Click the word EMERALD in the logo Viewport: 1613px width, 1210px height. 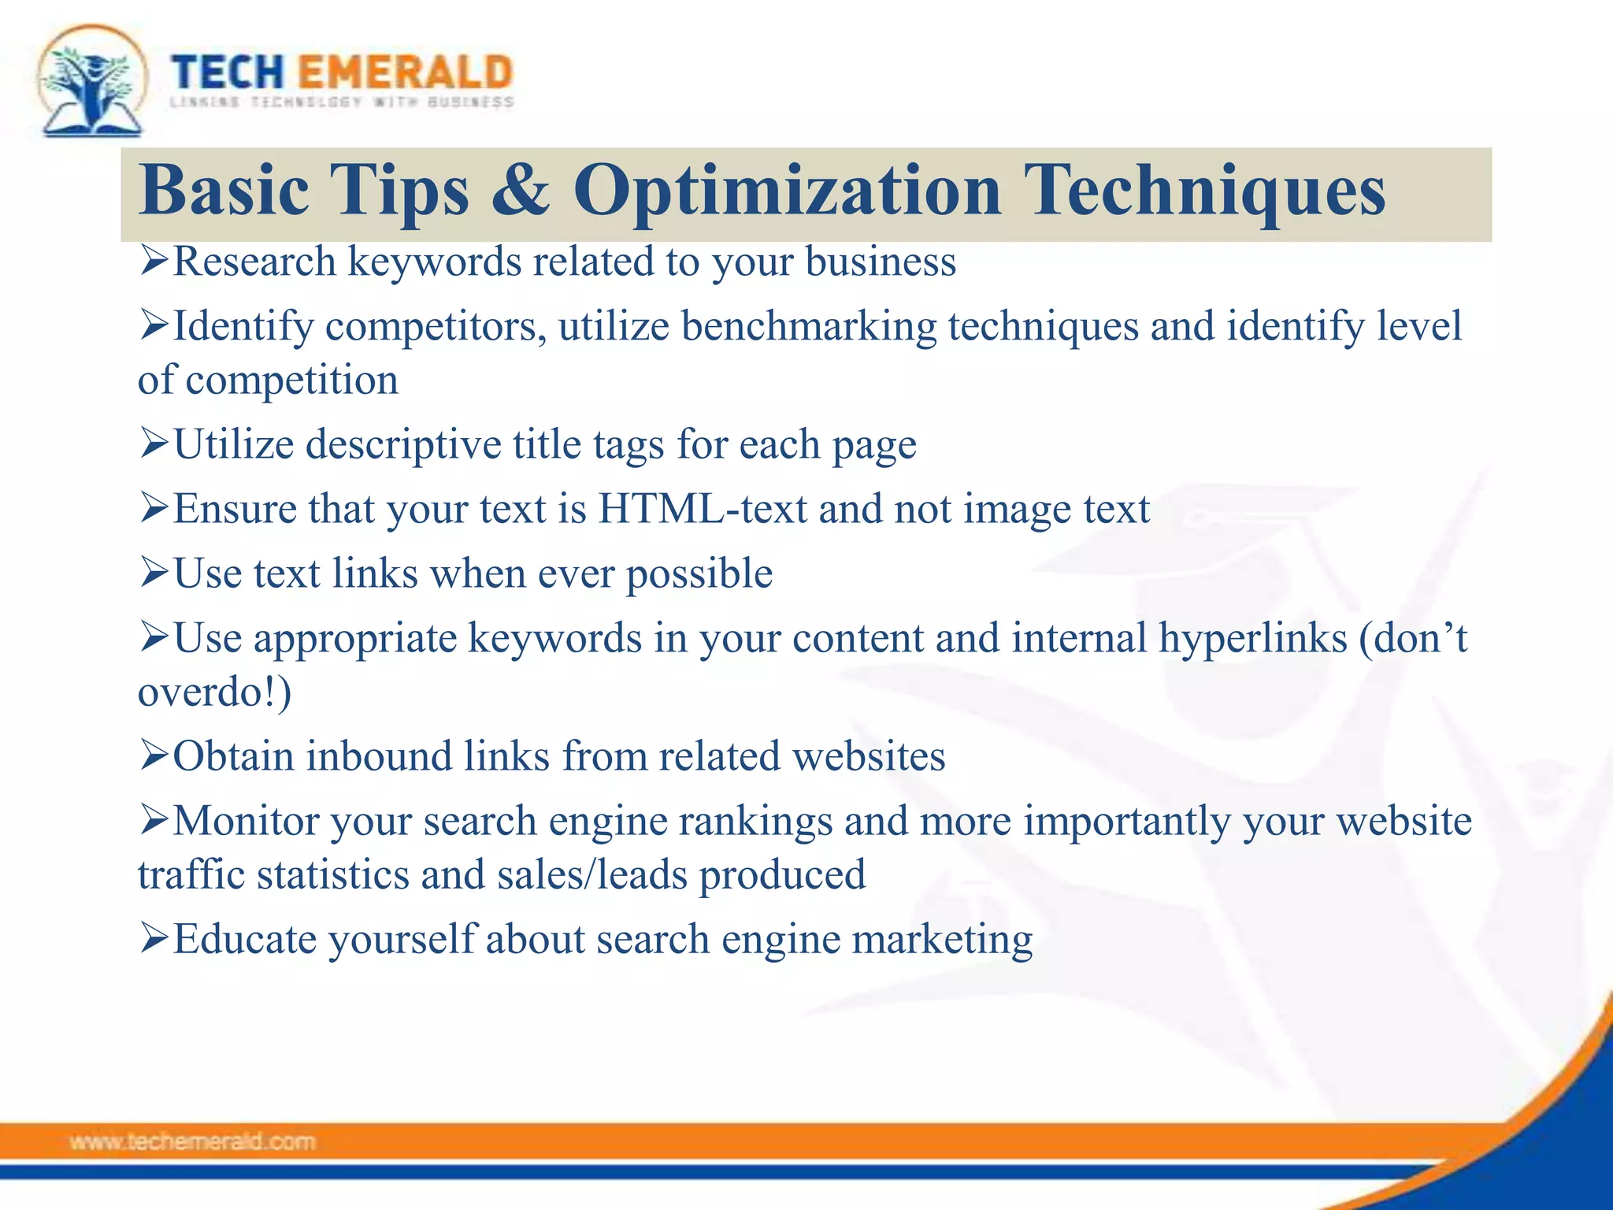click(406, 72)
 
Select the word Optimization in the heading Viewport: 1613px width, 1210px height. click(787, 191)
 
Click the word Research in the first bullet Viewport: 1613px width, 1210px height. click(254, 262)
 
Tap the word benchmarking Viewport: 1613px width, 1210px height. click(809, 326)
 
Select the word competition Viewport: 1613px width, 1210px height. click(291, 381)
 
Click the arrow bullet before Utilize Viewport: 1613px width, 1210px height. click(154, 444)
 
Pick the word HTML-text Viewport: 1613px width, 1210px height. click(703, 509)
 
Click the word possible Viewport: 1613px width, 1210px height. click(699, 574)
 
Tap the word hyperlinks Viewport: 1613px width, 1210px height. click(1253, 638)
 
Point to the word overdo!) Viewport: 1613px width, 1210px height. click(214, 692)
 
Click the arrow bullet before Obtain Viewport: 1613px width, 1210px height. click(154, 755)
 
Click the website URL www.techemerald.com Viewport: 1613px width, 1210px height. click(192, 1141)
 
